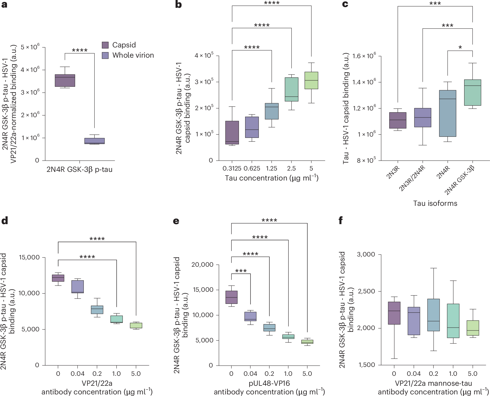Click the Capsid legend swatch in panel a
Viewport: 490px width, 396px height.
coord(105,45)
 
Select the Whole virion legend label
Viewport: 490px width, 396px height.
coord(133,55)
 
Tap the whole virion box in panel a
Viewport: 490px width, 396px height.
coord(95,141)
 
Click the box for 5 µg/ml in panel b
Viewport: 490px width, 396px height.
coord(311,80)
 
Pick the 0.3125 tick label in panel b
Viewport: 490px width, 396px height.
coord(232,169)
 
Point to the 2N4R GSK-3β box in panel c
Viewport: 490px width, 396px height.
coord(472,92)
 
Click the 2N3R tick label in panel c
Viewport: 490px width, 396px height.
coord(393,173)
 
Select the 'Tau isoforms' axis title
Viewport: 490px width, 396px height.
coord(435,203)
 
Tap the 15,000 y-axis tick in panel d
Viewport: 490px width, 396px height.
coord(29,257)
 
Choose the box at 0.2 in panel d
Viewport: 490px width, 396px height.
coord(97,310)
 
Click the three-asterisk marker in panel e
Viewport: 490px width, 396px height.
coord(241,271)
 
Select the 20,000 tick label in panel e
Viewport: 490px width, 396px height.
coord(202,265)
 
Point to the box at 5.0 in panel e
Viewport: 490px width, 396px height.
coord(307,342)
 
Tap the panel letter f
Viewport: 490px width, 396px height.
coord(340,221)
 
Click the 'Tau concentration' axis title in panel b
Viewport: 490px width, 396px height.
coord(272,178)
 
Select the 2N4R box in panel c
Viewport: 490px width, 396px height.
coord(447,113)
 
